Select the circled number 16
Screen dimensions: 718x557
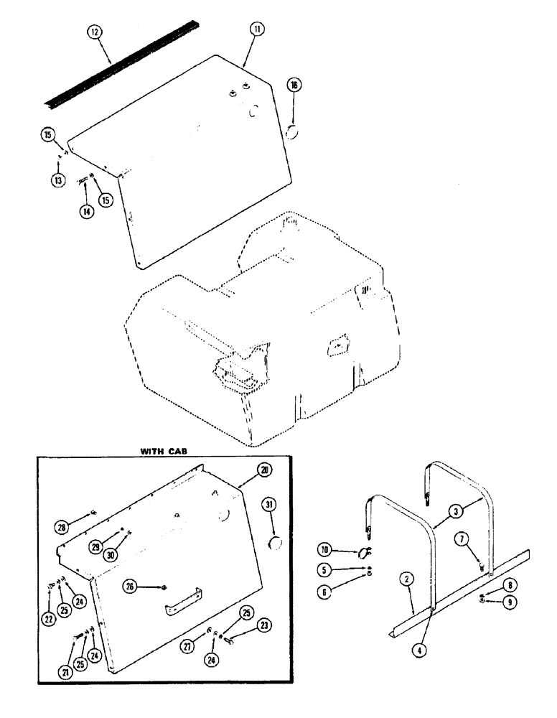click(x=296, y=85)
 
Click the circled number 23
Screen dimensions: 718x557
click(x=246, y=624)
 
